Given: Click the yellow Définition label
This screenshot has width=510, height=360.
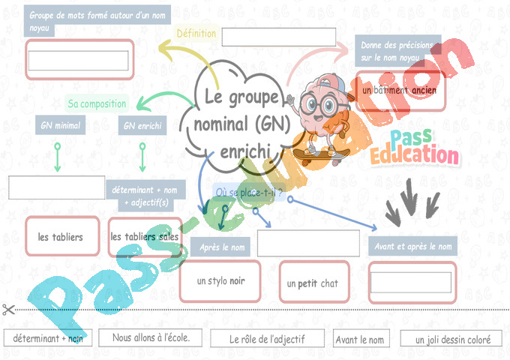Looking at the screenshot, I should click(196, 33).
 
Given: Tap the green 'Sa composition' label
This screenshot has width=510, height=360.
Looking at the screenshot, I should click(97, 103).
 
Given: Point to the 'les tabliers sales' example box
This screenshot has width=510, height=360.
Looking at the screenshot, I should click(145, 237).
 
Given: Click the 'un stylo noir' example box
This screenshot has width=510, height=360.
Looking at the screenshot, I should click(220, 281).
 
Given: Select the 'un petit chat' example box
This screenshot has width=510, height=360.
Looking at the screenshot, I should click(313, 283).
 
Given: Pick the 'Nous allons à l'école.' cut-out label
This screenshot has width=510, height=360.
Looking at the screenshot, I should click(151, 338).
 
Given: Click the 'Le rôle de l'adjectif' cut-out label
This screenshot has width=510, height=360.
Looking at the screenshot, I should click(267, 340).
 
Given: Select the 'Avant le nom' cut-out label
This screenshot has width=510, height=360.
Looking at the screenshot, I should click(359, 340).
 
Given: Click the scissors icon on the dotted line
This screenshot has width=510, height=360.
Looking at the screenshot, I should click(8, 309).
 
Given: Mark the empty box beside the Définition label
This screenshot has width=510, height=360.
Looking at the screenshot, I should click(278, 37).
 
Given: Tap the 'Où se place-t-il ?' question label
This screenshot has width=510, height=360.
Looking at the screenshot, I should click(249, 193).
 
